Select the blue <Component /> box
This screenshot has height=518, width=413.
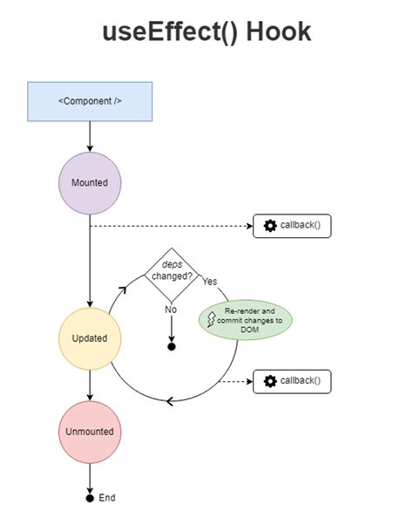click(90, 101)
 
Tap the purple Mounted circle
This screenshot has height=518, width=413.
click(90, 182)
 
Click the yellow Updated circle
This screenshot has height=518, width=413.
click(90, 337)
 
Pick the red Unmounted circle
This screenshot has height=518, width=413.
click(90, 431)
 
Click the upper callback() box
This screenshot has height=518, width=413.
click(293, 226)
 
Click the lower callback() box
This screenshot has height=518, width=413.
click(293, 381)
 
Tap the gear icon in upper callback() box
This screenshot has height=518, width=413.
click(269, 226)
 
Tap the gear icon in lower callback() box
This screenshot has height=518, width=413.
click(269, 381)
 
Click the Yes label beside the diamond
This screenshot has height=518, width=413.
click(210, 282)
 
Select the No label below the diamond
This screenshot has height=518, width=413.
click(172, 309)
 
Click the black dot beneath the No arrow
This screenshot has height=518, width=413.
click(172, 346)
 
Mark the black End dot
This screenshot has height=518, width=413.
click(90, 498)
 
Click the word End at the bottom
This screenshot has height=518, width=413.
click(106, 498)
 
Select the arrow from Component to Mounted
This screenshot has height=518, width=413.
click(90, 136)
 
